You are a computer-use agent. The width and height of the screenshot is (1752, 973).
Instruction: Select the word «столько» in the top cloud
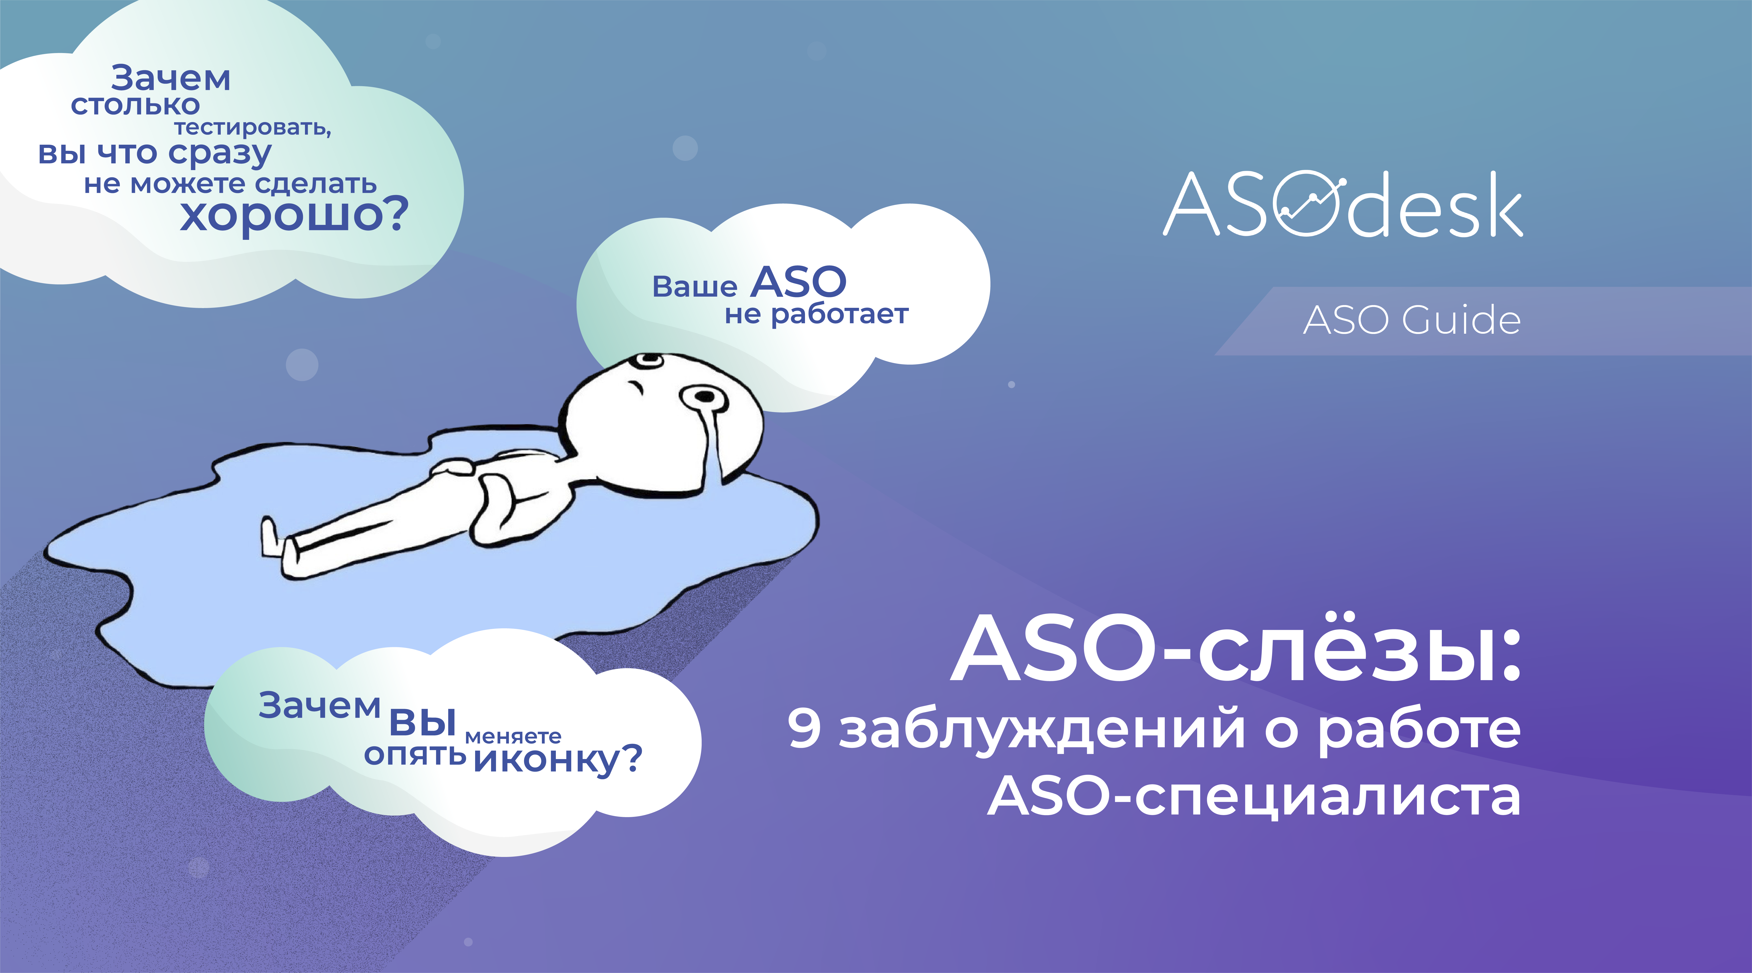(135, 105)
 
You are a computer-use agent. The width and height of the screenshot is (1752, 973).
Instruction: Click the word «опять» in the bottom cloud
(415, 755)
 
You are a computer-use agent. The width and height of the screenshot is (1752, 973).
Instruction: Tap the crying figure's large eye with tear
(705, 398)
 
